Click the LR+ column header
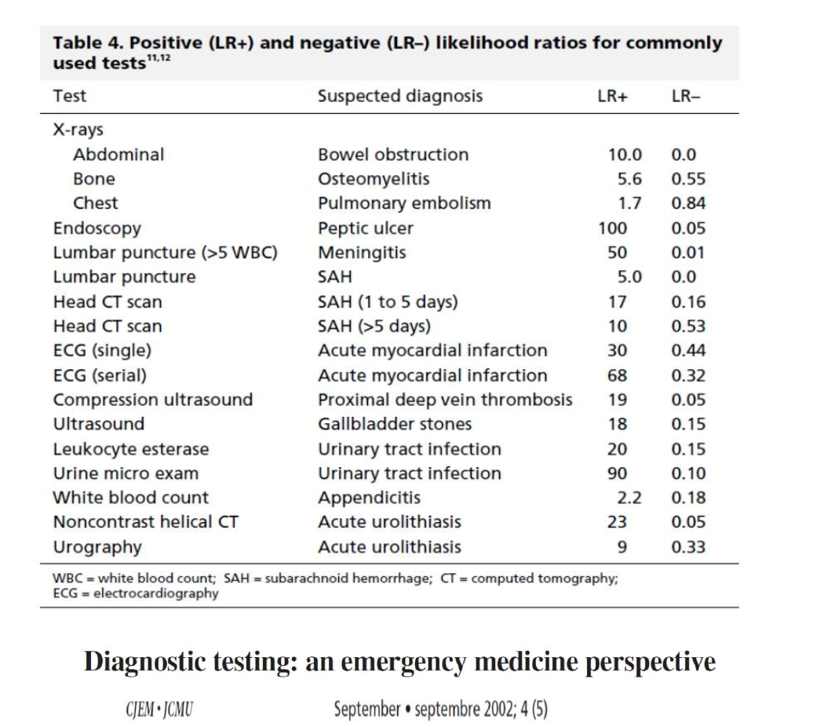[x=612, y=97]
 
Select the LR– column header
[x=686, y=97]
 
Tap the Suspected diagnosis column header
[x=400, y=97]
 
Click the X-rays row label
[x=78, y=130]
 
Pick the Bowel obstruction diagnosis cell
[x=393, y=155]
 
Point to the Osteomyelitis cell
[x=374, y=180]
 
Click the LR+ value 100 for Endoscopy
[x=612, y=228]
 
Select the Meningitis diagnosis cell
[x=362, y=253]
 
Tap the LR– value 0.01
[x=688, y=253]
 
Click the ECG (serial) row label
[x=100, y=375]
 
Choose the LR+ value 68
[x=617, y=375]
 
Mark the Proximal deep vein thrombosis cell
[x=445, y=400]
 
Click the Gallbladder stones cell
[x=395, y=424]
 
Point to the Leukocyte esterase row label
[x=131, y=450]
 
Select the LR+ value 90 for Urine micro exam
[x=617, y=473]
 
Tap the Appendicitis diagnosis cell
[x=369, y=498]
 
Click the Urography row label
[x=97, y=547]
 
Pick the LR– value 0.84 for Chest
[x=688, y=203]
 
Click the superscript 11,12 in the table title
[x=159, y=57]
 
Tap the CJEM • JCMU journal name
[x=159, y=710]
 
